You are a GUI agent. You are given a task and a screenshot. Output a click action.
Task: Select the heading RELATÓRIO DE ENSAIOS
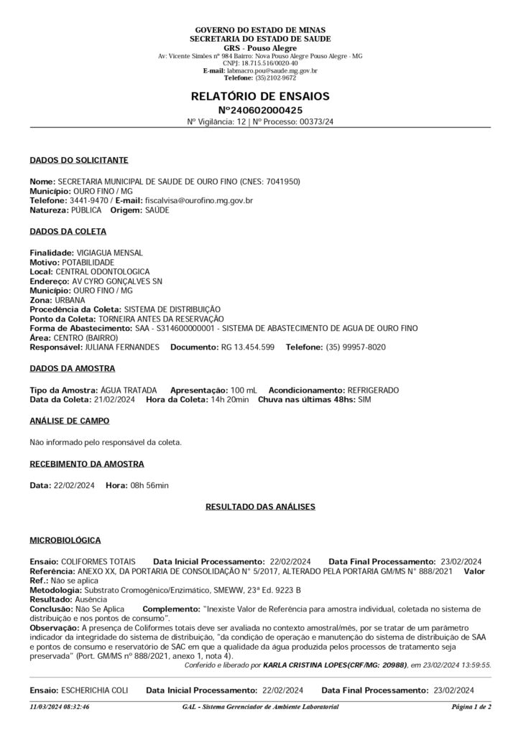click(260, 95)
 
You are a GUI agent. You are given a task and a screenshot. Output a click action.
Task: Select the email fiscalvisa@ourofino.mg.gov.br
click(198, 202)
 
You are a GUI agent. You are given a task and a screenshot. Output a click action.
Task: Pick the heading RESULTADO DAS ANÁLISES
click(260, 507)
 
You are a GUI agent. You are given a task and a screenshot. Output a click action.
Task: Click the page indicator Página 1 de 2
click(471, 707)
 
